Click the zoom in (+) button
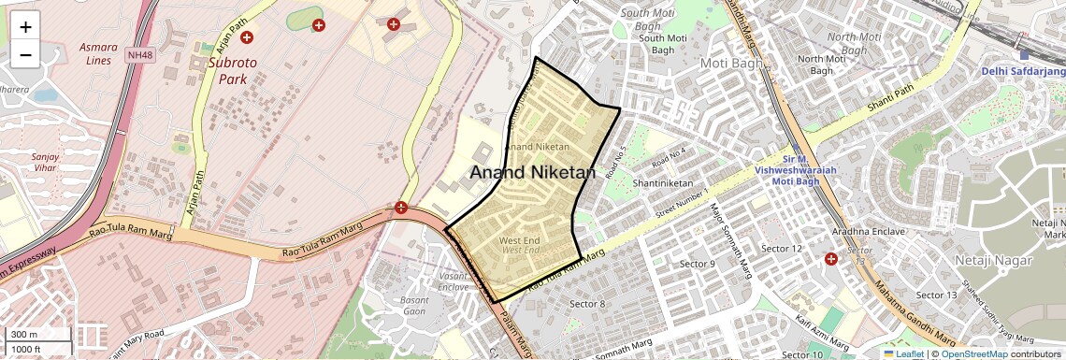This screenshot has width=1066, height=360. [25, 27]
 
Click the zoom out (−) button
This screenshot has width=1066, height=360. [25, 54]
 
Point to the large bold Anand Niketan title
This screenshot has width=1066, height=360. [532, 172]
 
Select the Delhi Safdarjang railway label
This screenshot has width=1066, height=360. [1023, 71]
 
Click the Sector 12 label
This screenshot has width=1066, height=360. [782, 248]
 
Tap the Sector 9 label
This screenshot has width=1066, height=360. [697, 264]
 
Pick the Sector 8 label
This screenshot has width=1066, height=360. [588, 304]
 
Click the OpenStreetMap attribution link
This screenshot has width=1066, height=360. [974, 353]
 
